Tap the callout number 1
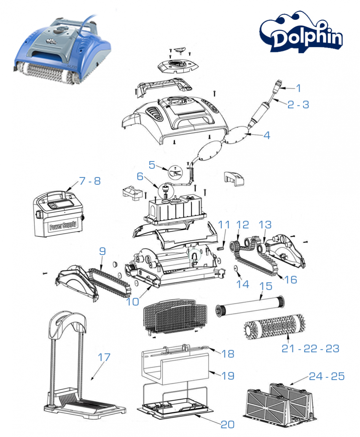298,88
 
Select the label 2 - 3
298,104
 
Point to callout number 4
267,135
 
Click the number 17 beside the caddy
104,357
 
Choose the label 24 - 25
327,376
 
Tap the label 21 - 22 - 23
310,348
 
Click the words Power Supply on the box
63,225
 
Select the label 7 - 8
90,181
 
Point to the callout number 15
266,285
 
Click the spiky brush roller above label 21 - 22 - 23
271,326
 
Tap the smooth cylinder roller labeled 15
249,307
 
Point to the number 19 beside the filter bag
228,376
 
